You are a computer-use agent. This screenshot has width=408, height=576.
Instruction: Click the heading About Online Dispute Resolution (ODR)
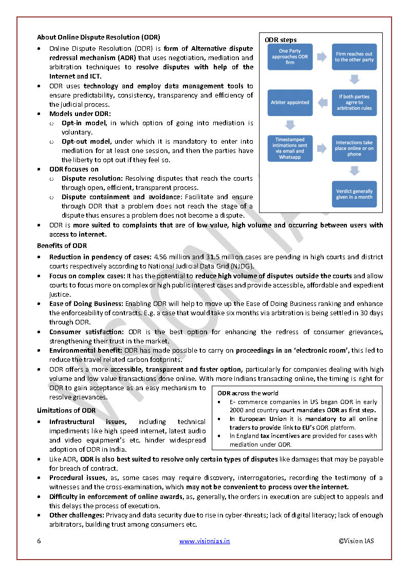[x=98, y=37]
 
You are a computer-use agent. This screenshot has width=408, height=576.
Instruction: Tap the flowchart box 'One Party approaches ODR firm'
[x=290, y=56]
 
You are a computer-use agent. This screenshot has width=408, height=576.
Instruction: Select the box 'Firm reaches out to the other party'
[x=354, y=56]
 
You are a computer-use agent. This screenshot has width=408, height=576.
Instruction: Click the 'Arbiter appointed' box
[x=290, y=102]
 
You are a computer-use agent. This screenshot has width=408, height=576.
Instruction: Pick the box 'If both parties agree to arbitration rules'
[x=354, y=102]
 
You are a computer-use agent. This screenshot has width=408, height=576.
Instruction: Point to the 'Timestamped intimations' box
[x=290, y=148]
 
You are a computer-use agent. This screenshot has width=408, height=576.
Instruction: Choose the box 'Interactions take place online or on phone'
[x=354, y=148]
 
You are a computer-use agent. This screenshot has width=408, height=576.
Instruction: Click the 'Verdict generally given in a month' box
[x=354, y=194]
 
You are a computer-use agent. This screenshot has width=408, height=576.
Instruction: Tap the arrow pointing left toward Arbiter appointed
[x=322, y=103]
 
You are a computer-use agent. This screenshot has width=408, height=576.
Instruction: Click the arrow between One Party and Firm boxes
[x=322, y=57]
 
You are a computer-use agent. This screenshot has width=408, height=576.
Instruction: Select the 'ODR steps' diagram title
[x=281, y=40]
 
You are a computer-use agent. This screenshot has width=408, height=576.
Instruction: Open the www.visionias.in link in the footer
[x=205, y=541]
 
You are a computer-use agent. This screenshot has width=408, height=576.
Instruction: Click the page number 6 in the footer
[x=39, y=541]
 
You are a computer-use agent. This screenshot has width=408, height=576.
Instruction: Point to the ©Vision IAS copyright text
[x=356, y=541]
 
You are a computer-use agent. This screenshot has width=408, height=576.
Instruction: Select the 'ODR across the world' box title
[x=248, y=393]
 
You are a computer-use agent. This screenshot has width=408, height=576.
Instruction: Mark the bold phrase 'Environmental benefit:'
[x=85, y=350]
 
